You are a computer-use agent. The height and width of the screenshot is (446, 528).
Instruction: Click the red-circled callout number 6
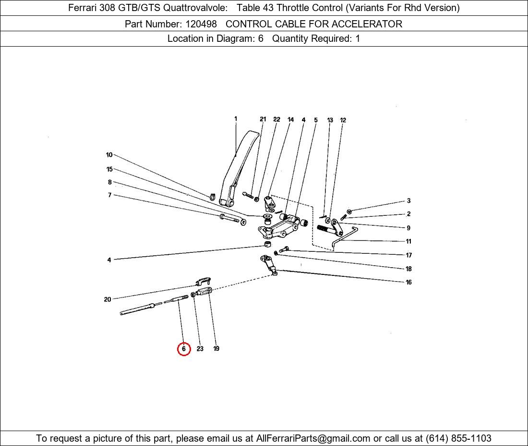click(184, 348)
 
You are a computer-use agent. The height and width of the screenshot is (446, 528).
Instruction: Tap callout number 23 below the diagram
click(200, 349)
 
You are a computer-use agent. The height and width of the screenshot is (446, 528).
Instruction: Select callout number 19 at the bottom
click(216, 348)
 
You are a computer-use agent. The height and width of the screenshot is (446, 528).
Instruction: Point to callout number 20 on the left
click(108, 299)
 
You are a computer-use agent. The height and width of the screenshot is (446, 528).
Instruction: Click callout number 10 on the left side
click(109, 155)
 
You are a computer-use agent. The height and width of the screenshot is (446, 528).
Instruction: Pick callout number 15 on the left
click(109, 169)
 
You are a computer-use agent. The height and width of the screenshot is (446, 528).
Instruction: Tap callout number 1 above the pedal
click(236, 119)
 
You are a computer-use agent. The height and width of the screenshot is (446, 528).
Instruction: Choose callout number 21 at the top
click(263, 119)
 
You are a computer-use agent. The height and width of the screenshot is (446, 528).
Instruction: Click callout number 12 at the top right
click(343, 120)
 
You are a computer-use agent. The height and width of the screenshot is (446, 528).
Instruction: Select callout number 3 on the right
click(409, 201)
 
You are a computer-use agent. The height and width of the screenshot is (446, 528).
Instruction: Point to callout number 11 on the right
click(408, 241)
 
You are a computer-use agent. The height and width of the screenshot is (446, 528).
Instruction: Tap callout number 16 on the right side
click(408, 282)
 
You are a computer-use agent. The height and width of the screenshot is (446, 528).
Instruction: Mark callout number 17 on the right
click(409, 255)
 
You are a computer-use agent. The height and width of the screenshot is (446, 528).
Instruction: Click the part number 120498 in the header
click(201, 24)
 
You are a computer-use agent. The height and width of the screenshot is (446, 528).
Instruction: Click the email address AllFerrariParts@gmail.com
click(313, 438)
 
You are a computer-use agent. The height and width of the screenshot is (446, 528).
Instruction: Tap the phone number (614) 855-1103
click(458, 438)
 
